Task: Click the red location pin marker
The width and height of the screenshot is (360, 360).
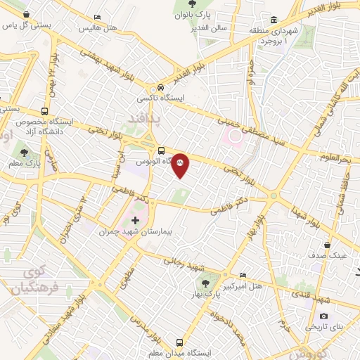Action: [180, 165]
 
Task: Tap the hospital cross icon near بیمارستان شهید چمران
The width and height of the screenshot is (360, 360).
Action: [136, 221]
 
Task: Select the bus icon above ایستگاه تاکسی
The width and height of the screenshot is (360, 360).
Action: [162, 89]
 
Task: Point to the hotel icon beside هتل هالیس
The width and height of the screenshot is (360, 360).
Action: [97, 17]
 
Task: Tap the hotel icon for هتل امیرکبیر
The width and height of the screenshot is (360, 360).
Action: [243, 275]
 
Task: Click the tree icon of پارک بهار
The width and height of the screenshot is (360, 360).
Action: [205, 284]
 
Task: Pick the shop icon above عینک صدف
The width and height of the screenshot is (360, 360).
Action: [327, 245]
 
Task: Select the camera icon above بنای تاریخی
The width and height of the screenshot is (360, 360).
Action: [324, 316]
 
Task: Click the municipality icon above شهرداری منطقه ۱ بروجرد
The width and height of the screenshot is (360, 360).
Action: [273, 19]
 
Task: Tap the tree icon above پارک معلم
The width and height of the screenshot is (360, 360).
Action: [25, 153]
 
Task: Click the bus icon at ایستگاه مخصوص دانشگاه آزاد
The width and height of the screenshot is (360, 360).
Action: [45, 110]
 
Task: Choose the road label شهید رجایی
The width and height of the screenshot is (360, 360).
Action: [184, 264]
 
